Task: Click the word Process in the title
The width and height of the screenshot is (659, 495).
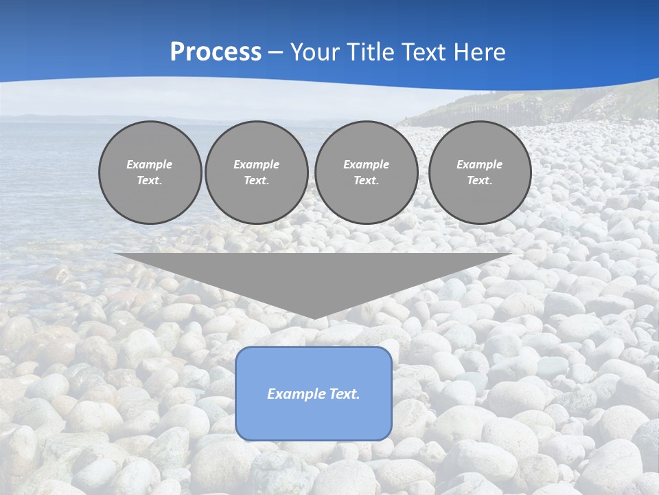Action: pyautogui.click(x=216, y=52)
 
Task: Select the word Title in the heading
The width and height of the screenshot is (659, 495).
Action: pyautogui.click(x=373, y=52)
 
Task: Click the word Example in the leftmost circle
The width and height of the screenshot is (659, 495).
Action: pyautogui.click(x=150, y=164)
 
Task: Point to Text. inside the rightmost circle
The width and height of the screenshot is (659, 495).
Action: pyautogui.click(x=479, y=180)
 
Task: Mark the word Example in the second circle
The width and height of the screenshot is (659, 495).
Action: pyautogui.click(x=256, y=164)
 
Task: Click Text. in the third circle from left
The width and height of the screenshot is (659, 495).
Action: pyautogui.click(x=366, y=180)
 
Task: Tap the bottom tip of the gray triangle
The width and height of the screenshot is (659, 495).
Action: pyautogui.click(x=314, y=317)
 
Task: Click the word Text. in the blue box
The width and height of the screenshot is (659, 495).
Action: pyautogui.click(x=344, y=394)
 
